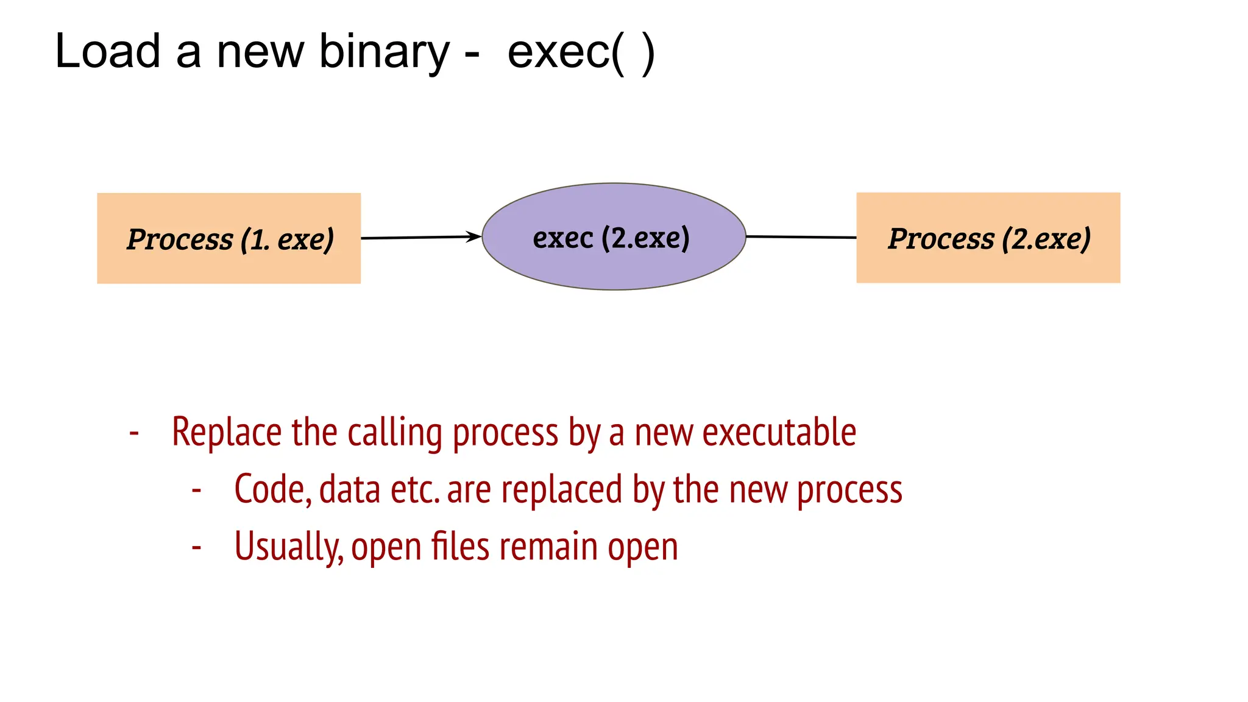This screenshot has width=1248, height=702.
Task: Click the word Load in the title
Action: click(107, 51)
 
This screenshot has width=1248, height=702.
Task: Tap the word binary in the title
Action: click(384, 52)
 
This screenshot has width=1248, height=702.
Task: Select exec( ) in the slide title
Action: click(581, 52)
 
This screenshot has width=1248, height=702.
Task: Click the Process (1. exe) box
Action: click(229, 238)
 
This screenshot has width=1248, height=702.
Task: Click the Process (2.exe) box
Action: click(988, 238)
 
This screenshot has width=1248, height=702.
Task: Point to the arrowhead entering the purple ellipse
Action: click(474, 236)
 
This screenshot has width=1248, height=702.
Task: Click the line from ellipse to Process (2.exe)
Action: click(801, 237)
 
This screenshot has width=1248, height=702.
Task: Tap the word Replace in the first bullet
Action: click(227, 433)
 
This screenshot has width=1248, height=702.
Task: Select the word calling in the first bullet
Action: click(395, 433)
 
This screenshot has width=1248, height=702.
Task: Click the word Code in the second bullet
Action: click(272, 489)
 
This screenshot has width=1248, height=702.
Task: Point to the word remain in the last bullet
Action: click(548, 547)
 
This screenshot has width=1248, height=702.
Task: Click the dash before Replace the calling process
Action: click(135, 433)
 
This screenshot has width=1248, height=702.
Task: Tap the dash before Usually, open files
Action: click(196, 547)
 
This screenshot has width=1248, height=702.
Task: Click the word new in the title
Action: click(260, 52)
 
